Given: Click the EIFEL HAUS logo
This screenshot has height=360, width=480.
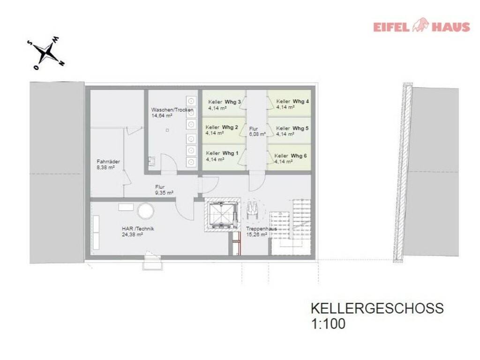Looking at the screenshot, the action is (421, 26).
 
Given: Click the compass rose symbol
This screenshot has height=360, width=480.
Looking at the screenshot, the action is (46, 53).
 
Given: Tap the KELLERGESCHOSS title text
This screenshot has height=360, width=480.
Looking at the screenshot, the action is (377, 308).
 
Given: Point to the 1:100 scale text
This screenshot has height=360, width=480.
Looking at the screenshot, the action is (328, 324).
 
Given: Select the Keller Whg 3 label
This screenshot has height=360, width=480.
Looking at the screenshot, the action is (225, 102).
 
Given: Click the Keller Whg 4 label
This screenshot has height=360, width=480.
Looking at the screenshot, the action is (292, 101).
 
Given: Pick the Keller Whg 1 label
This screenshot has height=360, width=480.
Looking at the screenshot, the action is (222, 153).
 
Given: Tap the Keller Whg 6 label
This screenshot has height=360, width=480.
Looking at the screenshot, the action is (290, 156).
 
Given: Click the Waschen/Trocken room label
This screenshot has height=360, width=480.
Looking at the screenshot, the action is (172, 110).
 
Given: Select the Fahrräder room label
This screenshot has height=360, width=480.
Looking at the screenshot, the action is (108, 162).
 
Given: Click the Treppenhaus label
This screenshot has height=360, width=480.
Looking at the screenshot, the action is (262, 229).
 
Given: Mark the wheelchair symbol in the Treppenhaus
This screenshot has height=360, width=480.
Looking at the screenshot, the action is (253, 210).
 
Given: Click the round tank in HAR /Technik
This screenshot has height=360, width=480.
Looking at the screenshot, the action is (145, 211).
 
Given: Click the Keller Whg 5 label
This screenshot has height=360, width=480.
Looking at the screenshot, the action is (292, 128).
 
